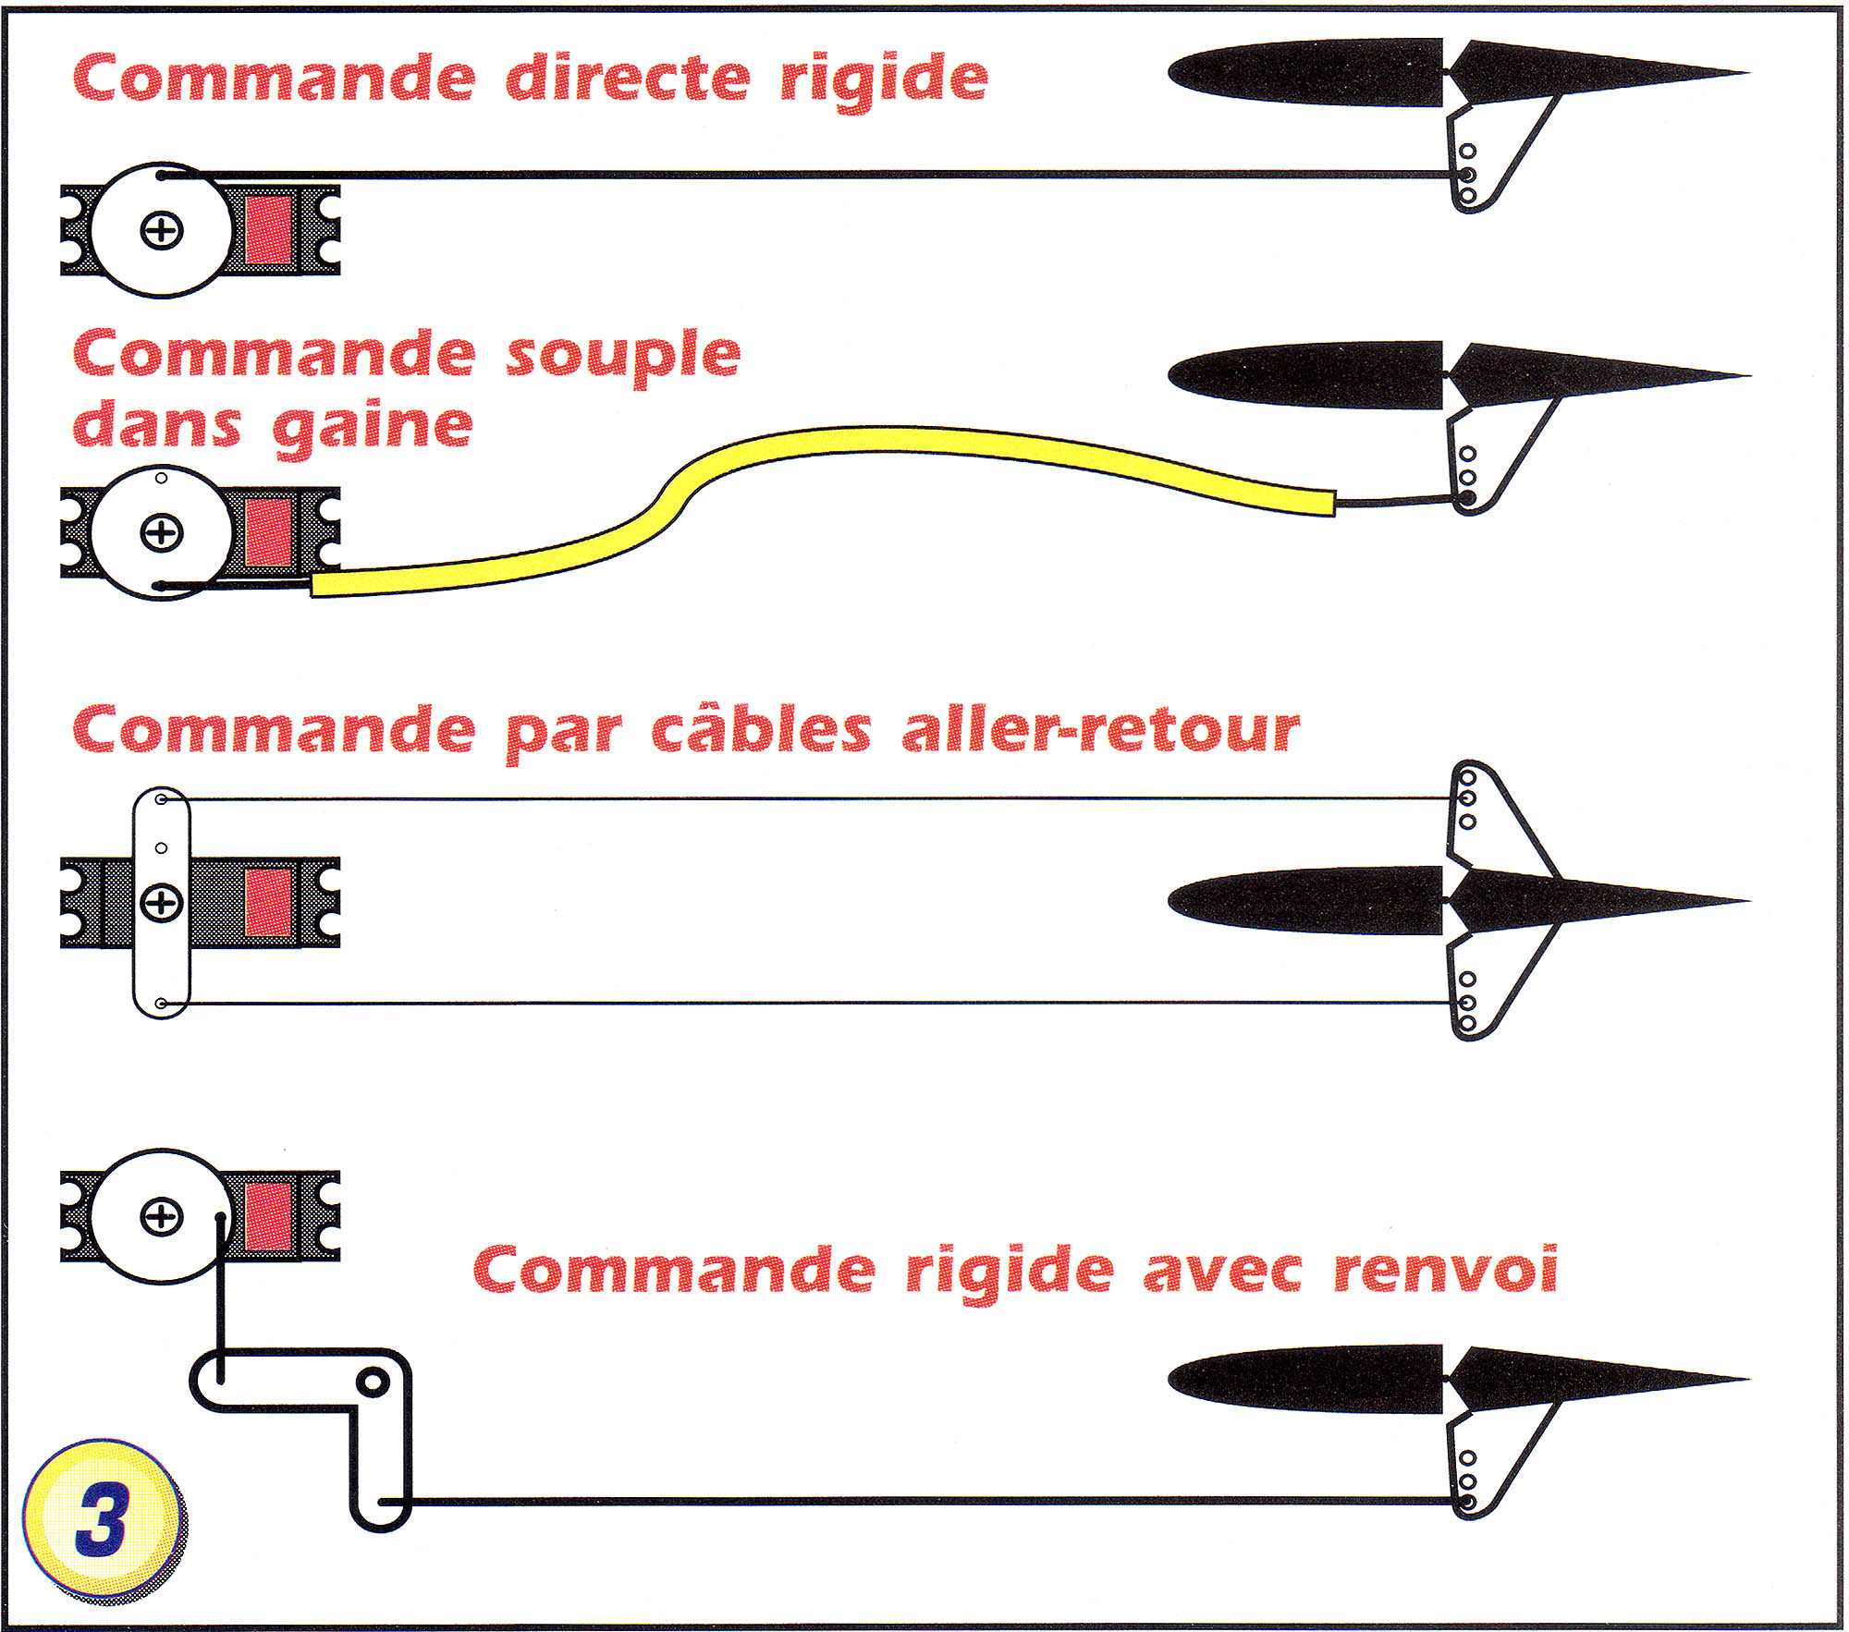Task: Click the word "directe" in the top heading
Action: point(628,78)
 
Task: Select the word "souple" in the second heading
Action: point(623,357)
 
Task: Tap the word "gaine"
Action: point(373,427)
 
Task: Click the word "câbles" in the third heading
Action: point(761,731)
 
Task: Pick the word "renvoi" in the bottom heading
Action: point(1445,1271)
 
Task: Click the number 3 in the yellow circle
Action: point(102,1519)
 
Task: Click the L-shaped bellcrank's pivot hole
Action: point(373,1382)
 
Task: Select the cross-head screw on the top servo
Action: point(162,230)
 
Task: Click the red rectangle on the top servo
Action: point(269,230)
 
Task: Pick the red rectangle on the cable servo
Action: point(269,902)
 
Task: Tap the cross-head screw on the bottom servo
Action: point(162,1216)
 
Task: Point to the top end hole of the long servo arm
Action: point(162,799)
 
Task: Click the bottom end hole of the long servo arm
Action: point(162,1004)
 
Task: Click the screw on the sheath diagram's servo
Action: point(162,532)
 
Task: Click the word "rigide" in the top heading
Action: point(884,78)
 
